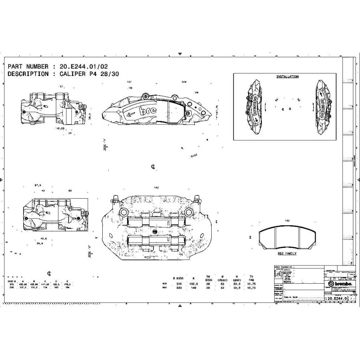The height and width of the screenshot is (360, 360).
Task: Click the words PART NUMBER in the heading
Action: pos(28,66)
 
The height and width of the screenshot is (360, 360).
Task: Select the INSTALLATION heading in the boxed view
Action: pos(287,77)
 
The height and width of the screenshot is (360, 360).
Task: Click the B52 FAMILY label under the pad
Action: pos(287,253)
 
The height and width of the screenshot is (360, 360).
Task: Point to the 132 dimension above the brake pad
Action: pos(287,221)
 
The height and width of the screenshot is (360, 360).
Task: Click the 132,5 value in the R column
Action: pos(194,284)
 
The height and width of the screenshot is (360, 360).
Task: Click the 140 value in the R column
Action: pos(194,288)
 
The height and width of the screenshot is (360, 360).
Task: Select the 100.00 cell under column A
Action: pos(23,284)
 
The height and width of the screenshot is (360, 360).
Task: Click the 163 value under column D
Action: pos(57,287)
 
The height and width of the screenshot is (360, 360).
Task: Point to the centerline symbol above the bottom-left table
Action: pos(50,273)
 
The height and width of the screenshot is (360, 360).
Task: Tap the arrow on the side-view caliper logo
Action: pos(130,114)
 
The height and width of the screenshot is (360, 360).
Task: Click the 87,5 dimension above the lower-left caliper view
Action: pos(38,185)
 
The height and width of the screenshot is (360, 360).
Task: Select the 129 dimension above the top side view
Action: pos(184,82)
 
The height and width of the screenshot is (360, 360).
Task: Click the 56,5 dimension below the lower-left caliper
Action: pos(39,243)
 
